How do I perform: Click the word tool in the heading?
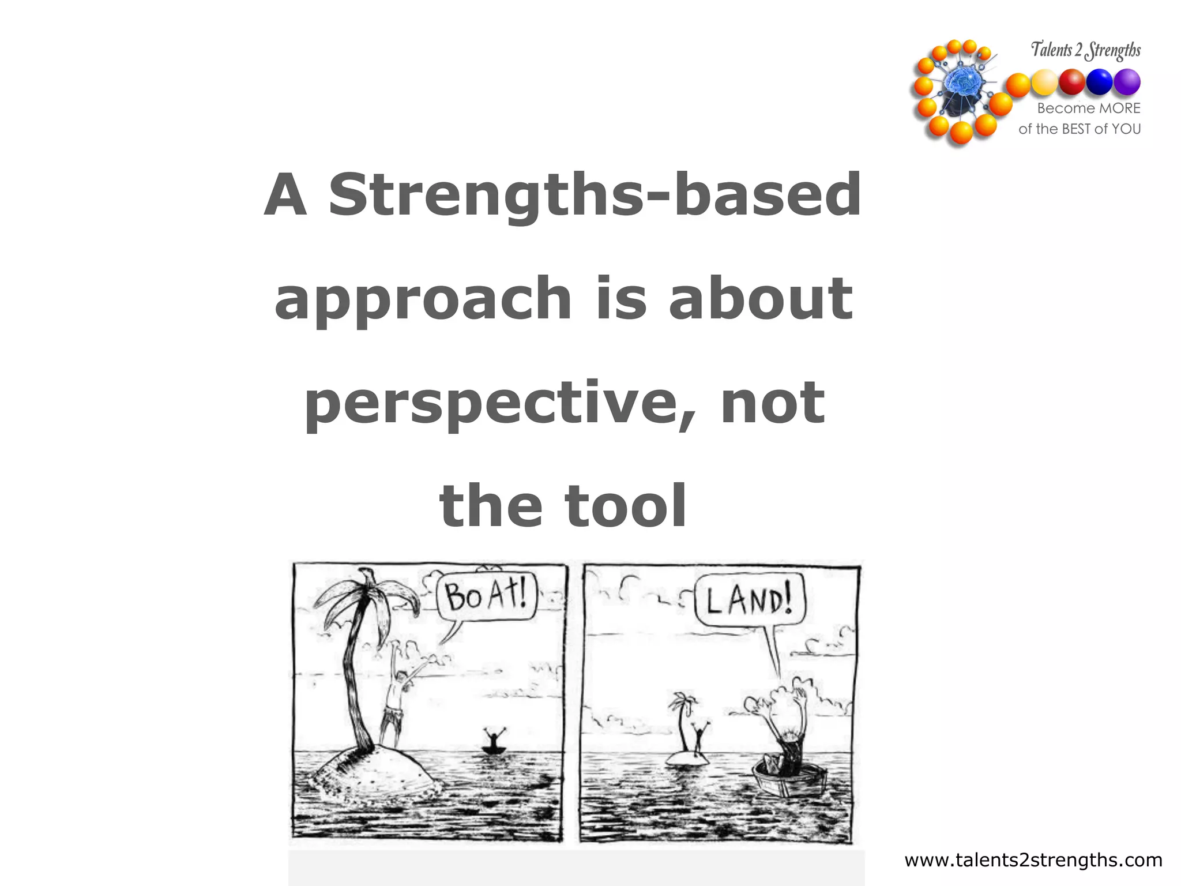[x=626, y=506]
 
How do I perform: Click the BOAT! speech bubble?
[x=487, y=596]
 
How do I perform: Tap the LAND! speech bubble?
[x=749, y=600]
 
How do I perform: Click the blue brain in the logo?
[x=962, y=84]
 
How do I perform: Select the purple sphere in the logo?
[x=1126, y=82]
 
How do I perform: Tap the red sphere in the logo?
[x=1071, y=81]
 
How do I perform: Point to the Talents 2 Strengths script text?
[x=1085, y=50]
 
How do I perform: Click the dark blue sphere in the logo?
[x=1099, y=82]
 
